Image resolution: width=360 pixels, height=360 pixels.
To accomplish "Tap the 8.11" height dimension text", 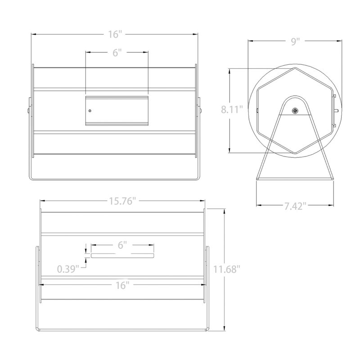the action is click(x=232, y=109).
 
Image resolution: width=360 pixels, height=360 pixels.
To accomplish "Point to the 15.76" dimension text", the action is click(x=121, y=201).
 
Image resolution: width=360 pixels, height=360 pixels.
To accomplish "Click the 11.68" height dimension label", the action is click(x=227, y=269).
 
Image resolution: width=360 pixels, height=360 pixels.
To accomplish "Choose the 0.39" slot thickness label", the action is click(x=68, y=269).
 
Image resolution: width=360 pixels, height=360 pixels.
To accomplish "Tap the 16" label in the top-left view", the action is click(x=115, y=35).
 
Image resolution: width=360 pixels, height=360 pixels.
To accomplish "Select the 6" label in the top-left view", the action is click(x=117, y=53).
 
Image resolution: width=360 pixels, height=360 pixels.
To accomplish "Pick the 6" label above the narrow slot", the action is click(x=122, y=245).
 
